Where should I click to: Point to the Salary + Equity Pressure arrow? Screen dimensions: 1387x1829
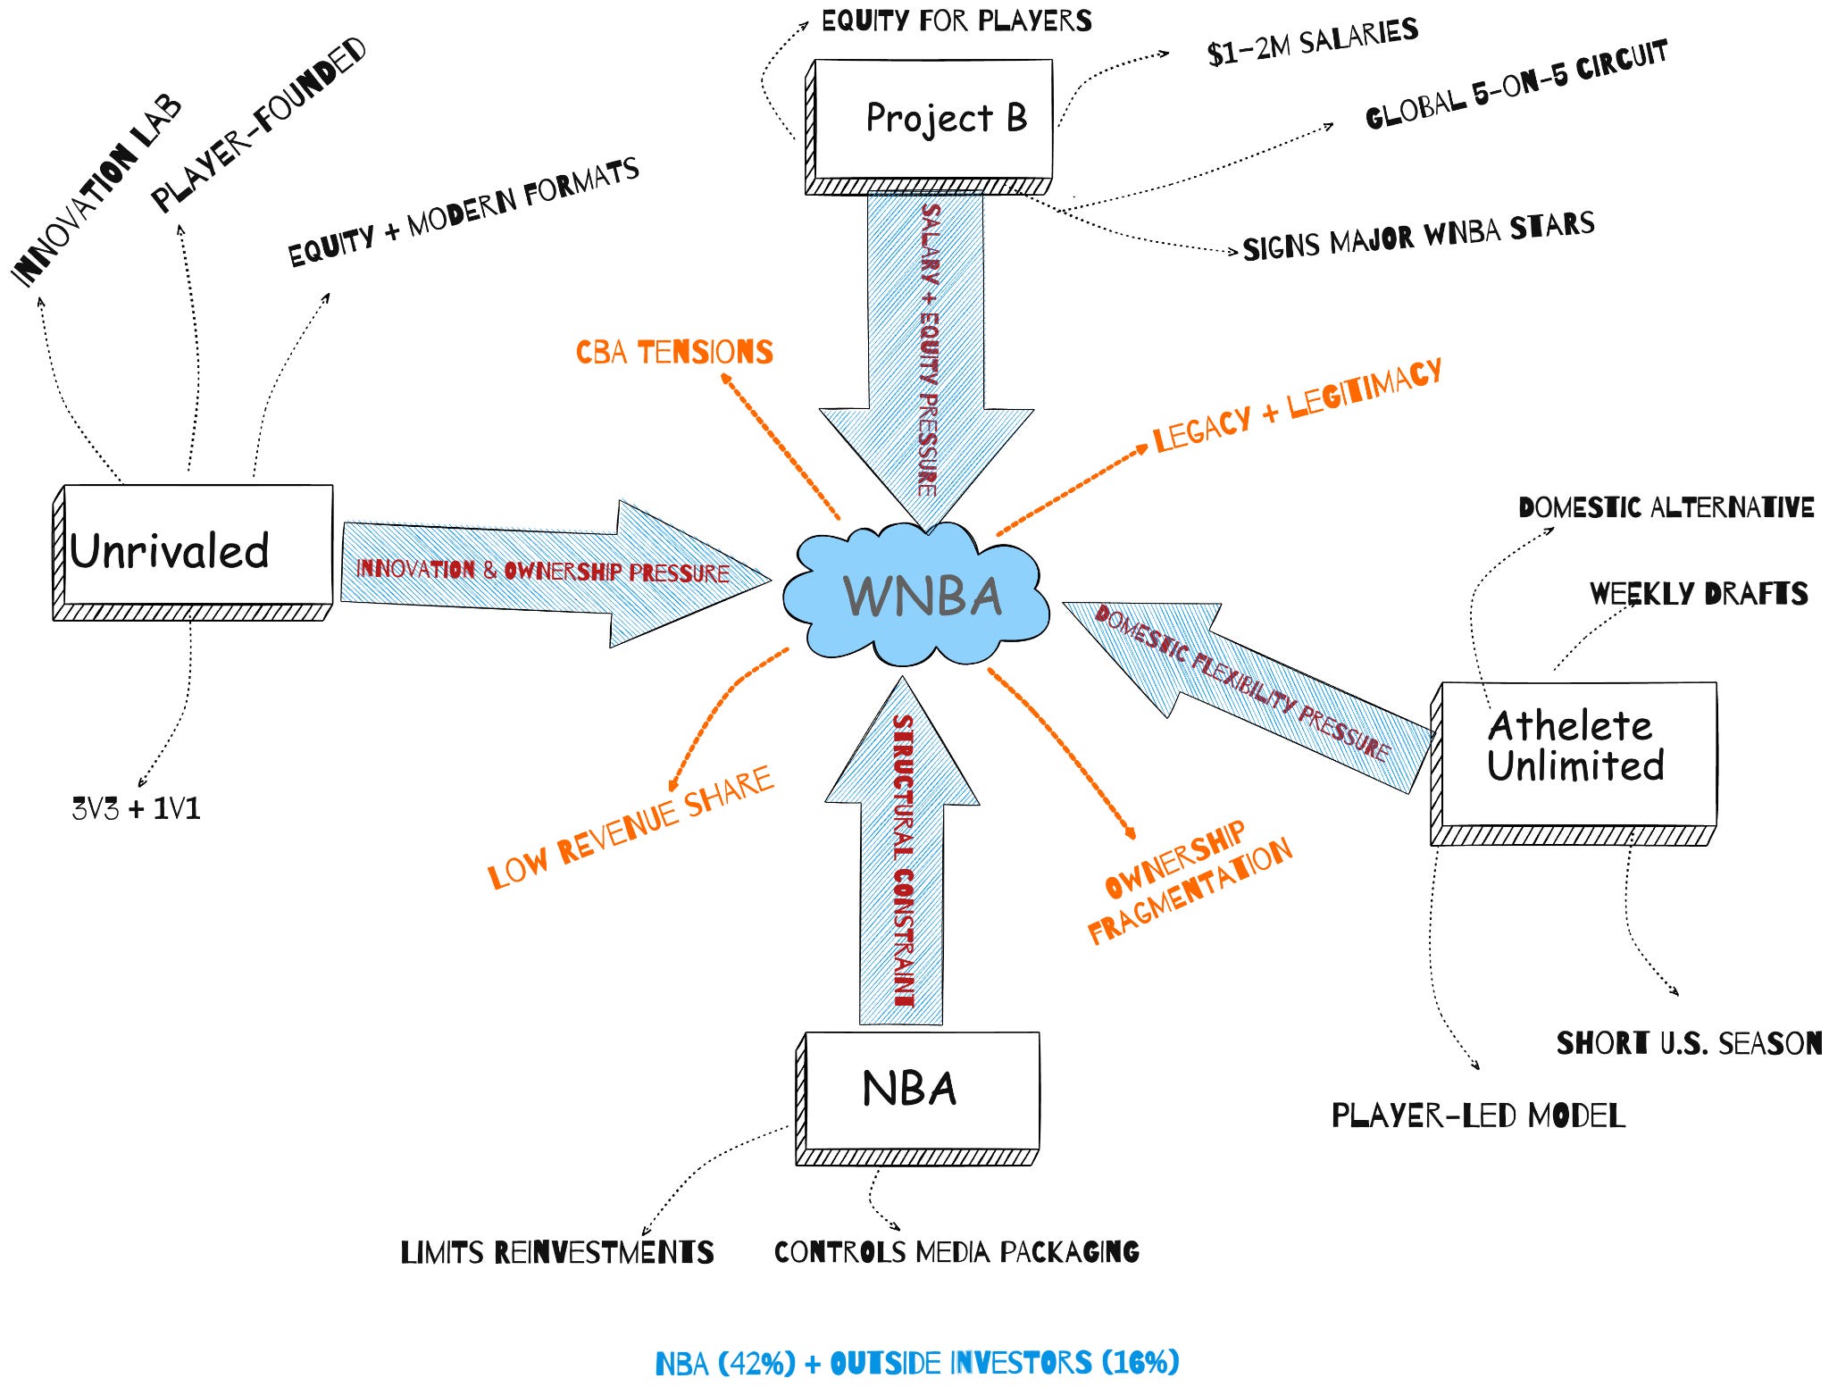click(x=927, y=348)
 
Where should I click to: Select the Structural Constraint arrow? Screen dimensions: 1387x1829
click(x=902, y=857)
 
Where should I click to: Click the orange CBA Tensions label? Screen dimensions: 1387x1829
click(x=674, y=352)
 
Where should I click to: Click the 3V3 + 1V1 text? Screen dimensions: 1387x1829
click(x=136, y=809)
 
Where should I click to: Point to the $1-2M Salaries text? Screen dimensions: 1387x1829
click(x=1312, y=42)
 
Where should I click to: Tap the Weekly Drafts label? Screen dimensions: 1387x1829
click(x=1699, y=594)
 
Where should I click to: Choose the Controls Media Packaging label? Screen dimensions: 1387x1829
click(x=956, y=1252)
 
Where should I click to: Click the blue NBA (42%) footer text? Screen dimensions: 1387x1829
click(x=917, y=1363)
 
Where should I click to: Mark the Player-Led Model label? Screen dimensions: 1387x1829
click(x=1478, y=1115)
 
